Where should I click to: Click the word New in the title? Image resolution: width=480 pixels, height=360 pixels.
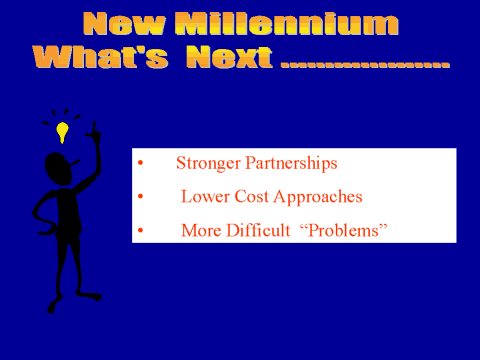pyautogui.click(x=124, y=24)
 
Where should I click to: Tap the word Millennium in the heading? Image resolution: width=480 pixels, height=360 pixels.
pyautogui.click(x=287, y=24)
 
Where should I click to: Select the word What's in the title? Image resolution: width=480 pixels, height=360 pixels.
pyautogui.click(x=100, y=57)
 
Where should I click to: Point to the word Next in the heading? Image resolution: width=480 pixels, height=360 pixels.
pyautogui.click(x=229, y=57)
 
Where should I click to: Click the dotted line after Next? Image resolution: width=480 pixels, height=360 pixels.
pyautogui.click(x=365, y=64)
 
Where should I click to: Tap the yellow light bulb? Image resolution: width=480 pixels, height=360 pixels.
pyautogui.click(x=62, y=132)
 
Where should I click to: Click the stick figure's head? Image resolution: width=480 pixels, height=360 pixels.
pyautogui.click(x=59, y=169)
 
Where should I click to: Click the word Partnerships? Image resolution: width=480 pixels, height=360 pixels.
pyautogui.click(x=291, y=164)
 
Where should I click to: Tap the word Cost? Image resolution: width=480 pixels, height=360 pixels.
pyautogui.click(x=251, y=196)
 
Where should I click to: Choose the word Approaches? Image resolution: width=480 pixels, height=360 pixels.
pyautogui.click(x=318, y=197)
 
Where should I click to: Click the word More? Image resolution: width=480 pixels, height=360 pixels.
pyautogui.click(x=201, y=230)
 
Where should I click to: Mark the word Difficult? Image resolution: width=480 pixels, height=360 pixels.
pyautogui.click(x=258, y=230)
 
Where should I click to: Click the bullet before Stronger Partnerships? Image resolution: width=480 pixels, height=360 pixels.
pyautogui.click(x=140, y=163)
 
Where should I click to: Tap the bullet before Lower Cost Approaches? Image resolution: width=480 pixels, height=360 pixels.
pyautogui.click(x=140, y=196)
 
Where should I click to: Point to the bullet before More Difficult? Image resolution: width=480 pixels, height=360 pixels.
pyautogui.click(x=140, y=230)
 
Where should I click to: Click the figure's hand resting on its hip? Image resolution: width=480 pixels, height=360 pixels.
pyautogui.click(x=50, y=230)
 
